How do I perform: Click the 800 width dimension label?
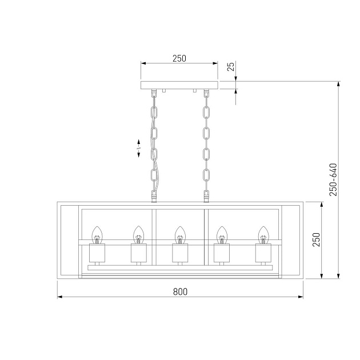click(180, 291)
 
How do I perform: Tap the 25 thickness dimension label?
click(231, 67)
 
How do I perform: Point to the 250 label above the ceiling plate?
click(179, 58)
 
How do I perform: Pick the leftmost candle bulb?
click(97, 234)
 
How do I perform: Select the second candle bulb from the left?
click(138, 234)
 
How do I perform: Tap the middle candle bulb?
click(179, 234)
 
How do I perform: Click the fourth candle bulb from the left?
click(221, 234)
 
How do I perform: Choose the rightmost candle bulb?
click(263, 234)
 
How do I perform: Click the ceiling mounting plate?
click(179, 85)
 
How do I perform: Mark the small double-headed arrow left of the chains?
click(138, 148)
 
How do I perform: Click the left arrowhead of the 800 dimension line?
click(59, 298)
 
